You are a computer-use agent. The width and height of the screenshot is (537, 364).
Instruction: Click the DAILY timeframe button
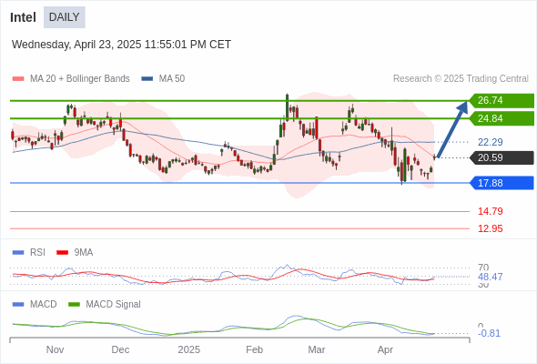click(x=65, y=17)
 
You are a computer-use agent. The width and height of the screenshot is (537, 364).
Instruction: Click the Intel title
click(x=23, y=17)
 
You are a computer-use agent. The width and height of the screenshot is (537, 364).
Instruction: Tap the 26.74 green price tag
click(x=502, y=101)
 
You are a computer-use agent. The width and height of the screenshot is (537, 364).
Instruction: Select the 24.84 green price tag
click(x=502, y=119)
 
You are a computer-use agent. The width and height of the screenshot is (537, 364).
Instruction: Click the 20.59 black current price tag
click(x=502, y=157)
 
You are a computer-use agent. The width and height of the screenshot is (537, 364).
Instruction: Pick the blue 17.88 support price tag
click(x=502, y=183)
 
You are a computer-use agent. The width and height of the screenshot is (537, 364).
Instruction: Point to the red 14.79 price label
click(x=491, y=211)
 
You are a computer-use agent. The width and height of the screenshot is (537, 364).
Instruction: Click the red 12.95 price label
click(x=491, y=228)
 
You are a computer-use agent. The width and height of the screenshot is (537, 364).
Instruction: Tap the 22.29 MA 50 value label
click(x=491, y=142)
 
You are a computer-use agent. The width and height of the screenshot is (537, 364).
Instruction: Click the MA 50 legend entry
click(x=163, y=79)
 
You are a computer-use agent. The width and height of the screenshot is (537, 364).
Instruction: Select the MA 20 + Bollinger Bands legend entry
click(x=71, y=79)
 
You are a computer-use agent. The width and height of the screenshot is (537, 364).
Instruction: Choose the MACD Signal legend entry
click(x=105, y=304)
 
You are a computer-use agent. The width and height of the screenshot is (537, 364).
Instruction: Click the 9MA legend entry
click(x=75, y=252)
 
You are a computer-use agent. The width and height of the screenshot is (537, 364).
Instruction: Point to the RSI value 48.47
click(x=491, y=277)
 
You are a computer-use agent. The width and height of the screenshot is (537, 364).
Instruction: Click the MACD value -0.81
click(x=489, y=333)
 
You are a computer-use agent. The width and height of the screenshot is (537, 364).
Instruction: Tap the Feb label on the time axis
click(x=255, y=349)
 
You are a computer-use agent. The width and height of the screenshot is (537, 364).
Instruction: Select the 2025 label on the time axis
click(x=189, y=349)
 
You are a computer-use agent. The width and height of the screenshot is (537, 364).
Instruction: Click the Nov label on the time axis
click(x=55, y=349)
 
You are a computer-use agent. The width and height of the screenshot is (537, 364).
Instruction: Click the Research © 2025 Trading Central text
click(x=461, y=79)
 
